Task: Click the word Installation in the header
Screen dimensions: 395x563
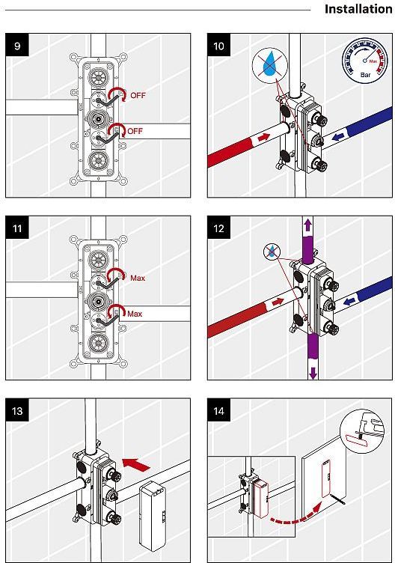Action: pyautogui.click(x=358, y=9)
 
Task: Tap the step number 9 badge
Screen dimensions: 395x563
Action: pyautogui.click(x=17, y=45)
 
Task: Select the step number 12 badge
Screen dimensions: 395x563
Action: pyautogui.click(x=219, y=228)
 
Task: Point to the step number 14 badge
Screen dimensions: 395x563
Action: pyautogui.click(x=219, y=410)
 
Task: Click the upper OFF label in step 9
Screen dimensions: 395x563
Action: pyautogui.click(x=138, y=96)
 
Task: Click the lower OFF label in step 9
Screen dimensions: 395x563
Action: pyautogui.click(x=135, y=131)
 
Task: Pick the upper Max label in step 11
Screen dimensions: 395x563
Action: pyautogui.click(x=138, y=278)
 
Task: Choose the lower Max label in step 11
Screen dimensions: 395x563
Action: pyautogui.click(x=135, y=314)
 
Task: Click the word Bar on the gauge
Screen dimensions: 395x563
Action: pyautogui.click(x=365, y=75)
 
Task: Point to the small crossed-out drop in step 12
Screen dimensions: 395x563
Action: pyautogui.click(x=272, y=251)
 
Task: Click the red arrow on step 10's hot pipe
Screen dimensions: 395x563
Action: pyautogui.click(x=263, y=137)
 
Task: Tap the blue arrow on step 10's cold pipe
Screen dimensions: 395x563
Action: pyautogui.click(x=337, y=137)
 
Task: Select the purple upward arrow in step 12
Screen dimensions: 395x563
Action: pyautogui.click(x=307, y=225)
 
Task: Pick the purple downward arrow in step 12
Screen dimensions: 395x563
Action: pyautogui.click(x=313, y=373)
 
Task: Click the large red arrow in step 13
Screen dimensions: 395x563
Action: pyautogui.click(x=136, y=465)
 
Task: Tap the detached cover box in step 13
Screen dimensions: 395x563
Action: pyautogui.click(x=153, y=516)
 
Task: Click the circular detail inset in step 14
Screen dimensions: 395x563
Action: pyautogui.click(x=361, y=429)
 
